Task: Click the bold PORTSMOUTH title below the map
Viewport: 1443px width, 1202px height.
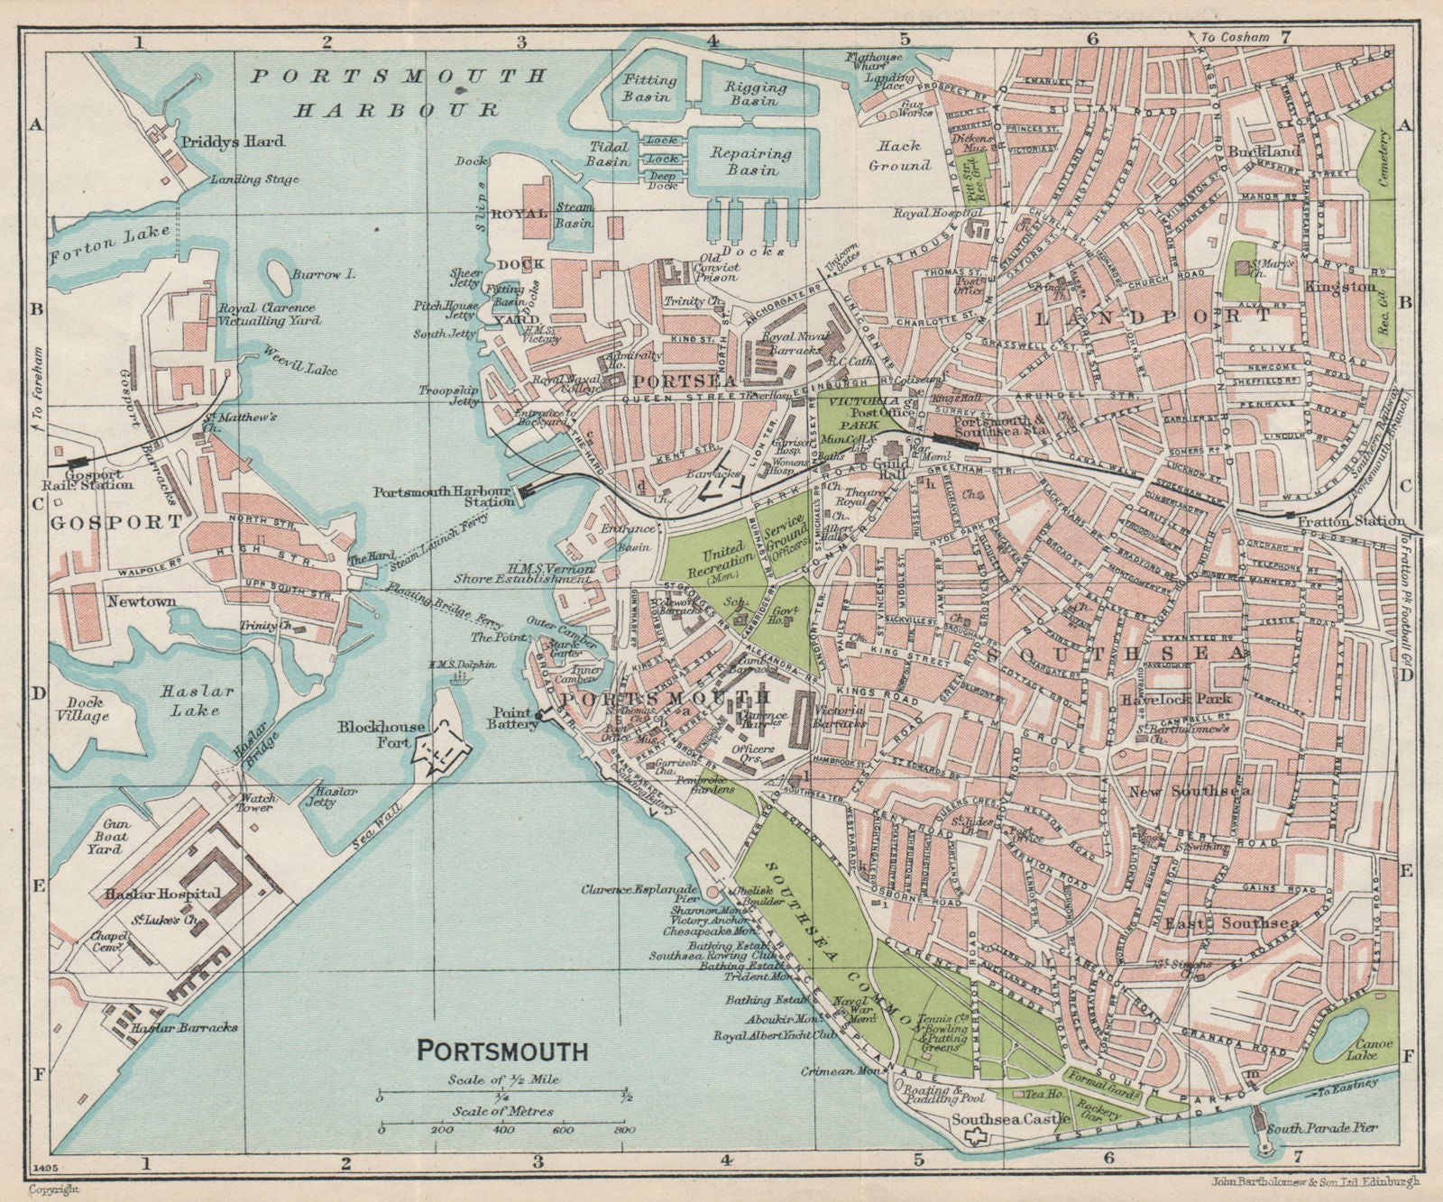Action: [x=502, y=1051]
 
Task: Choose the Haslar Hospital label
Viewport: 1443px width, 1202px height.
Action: [x=161, y=894]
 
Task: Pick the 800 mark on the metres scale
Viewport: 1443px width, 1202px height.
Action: [x=620, y=1130]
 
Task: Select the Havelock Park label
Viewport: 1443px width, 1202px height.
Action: [x=1188, y=699]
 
